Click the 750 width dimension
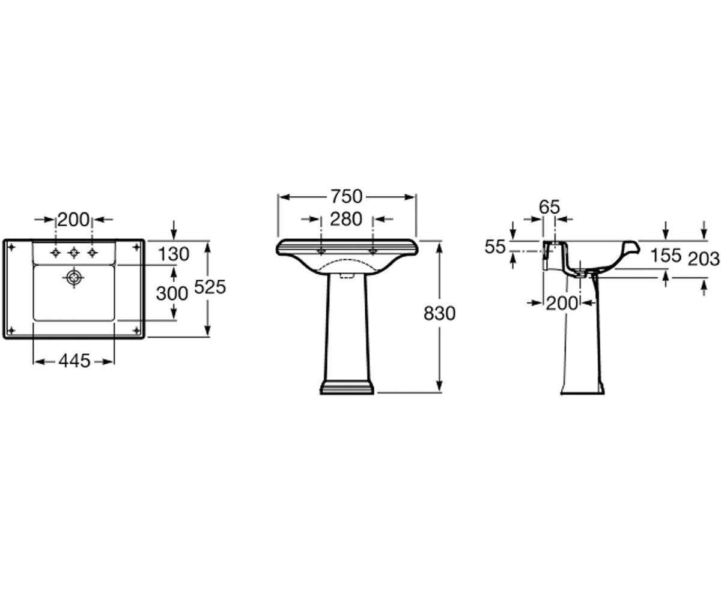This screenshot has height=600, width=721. coord(347,197)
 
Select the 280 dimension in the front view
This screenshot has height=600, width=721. coord(346,220)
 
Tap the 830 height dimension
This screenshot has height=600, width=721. coord(440,314)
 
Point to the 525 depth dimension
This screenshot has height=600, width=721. coord(210,287)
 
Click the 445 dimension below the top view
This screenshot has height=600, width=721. coord(75,361)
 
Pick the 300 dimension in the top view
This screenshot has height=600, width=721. coord(172,294)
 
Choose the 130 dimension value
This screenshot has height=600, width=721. coord(174,254)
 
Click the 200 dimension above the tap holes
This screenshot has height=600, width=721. coord(73,220)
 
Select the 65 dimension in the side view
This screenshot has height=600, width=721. coord(549,207)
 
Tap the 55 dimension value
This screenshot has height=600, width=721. coord(495,247)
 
